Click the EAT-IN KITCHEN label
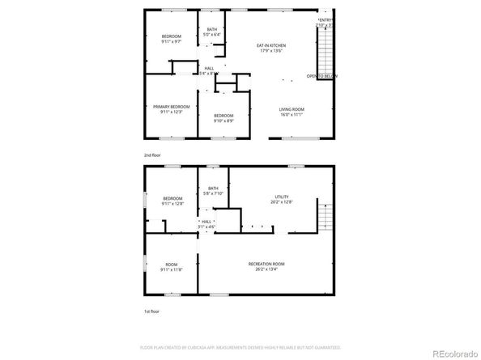[x=272, y=45]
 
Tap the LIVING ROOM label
[x=292, y=109]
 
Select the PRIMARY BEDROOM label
[x=172, y=107]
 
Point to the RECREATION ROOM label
[x=266, y=264]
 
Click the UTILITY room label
[x=281, y=197]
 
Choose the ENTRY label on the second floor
[x=326, y=19]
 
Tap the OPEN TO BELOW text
[x=321, y=75]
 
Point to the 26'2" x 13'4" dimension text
[x=266, y=270]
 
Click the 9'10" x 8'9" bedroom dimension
[x=223, y=121]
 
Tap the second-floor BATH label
[x=212, y=29]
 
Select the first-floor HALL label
[x=206, y=221]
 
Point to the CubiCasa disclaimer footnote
[x=240, y=346]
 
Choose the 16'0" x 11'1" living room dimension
[x=292, y=115]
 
